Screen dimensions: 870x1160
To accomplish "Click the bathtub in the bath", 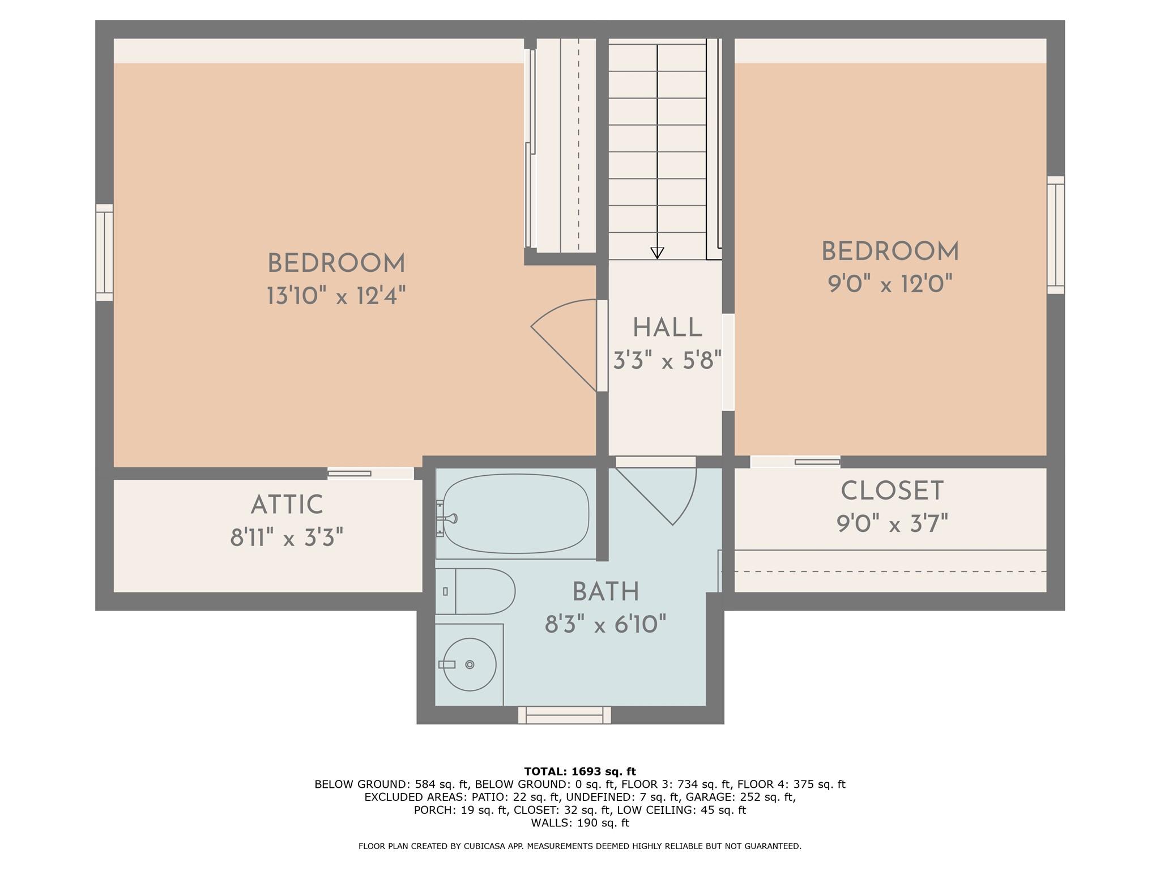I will coord(515,514).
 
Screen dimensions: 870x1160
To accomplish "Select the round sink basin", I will coord(469,664).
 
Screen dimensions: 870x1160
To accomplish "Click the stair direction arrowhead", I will coord(657,253).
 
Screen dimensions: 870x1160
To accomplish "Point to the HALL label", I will coord(667,328).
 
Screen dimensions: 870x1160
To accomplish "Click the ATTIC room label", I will coord(287,505).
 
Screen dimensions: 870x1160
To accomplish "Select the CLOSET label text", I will coord(892,491).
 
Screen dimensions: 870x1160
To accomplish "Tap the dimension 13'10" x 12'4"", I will coord(336,296).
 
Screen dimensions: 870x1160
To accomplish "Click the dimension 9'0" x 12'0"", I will coord(890,283).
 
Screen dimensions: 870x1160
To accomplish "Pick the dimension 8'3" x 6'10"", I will coord(605,625).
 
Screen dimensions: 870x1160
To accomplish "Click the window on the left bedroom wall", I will coord(104,252).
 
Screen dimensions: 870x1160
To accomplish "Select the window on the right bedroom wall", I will coord(1055,234).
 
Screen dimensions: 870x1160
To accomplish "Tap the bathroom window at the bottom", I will coord(564,715).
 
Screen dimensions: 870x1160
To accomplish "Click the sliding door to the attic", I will coord(370,474).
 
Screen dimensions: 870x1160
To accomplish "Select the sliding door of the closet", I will coord(795,462).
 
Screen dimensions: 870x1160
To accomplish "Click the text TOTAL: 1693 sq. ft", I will coord(580,771).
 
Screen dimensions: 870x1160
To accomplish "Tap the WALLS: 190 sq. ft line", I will coord(580,823).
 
